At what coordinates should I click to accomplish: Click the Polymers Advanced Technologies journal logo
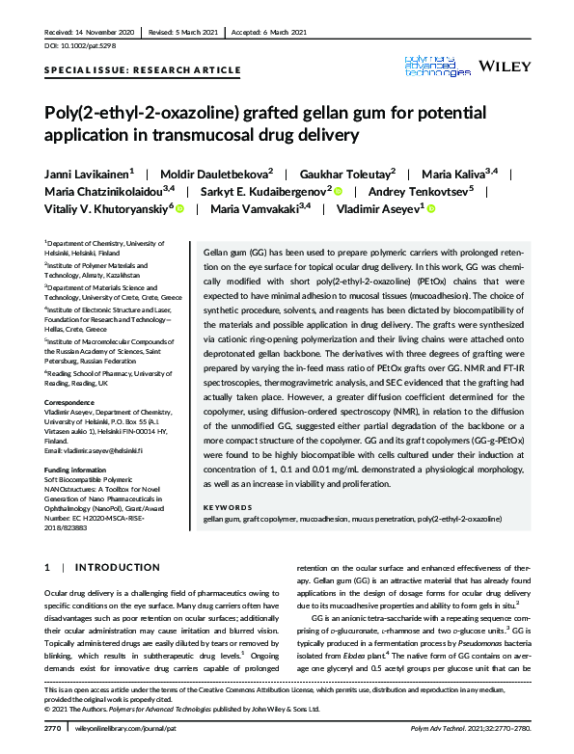pyautogui.click(x=438, y=66)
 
